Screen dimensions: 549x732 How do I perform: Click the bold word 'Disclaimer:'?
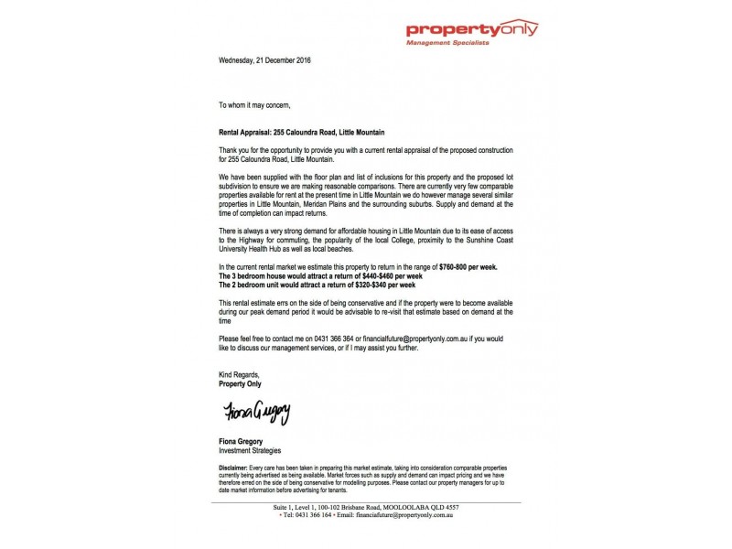point(239,467)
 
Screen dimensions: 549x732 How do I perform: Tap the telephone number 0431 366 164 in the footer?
point(321,515)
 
